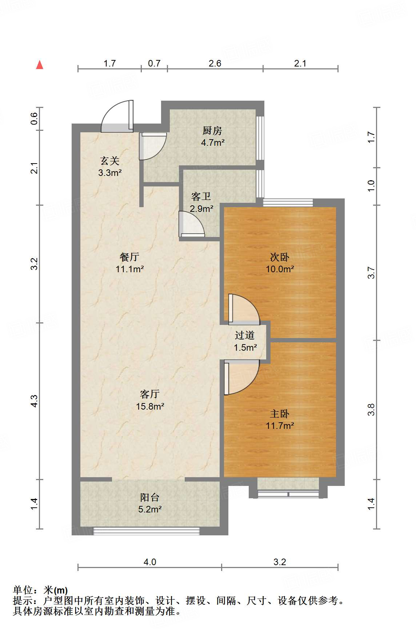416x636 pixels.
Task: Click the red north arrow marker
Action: pos(40,65)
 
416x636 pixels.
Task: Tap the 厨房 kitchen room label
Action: pos(212,130)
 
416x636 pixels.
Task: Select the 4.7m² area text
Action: pos(213,142)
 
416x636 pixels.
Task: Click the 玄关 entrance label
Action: pos(110,161)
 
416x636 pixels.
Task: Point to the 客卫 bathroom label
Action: pos(201,197)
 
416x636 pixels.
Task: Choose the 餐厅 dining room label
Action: pos(129,257)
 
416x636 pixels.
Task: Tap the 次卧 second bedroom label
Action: pos(280,257)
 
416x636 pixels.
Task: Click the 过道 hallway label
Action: pos(245,335)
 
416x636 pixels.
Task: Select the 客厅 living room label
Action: pos(150,394)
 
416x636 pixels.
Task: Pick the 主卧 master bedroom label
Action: pos(280,414)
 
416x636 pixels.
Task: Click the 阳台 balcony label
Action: pos(150,497)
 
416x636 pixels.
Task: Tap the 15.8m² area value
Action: pos(150,406)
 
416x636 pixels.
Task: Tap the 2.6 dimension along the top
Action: pos(215,64)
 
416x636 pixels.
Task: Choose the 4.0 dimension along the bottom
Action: pos(150,562)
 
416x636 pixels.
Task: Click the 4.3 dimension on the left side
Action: pos(34,401)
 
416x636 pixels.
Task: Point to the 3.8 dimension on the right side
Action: pos(371,410)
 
